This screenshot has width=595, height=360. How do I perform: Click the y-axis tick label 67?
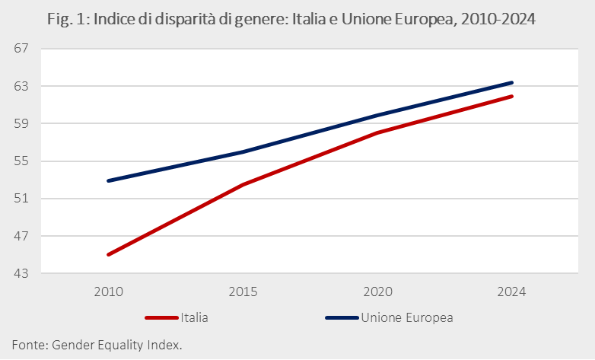pos(21,49)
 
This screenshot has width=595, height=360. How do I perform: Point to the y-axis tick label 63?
pos(21,86)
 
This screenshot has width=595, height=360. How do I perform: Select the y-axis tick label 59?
pos(21,123)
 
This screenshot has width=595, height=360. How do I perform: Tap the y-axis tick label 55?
pos(21,161)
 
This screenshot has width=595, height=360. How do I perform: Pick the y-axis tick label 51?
pos(21,199)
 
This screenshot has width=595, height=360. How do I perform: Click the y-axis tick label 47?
pos(21,236)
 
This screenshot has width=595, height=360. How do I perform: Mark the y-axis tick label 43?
pos(21,273)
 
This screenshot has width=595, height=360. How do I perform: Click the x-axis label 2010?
pos(108,292)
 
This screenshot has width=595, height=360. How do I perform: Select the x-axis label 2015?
pos(243,292)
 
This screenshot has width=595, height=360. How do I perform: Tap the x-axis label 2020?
pos(377,292)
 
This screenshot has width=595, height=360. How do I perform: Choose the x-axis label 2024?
pos(512,292)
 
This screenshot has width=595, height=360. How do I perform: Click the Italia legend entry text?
pos(194,317)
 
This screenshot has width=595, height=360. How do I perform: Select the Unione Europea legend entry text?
pos(407,317)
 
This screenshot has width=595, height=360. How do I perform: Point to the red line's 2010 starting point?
pos(108,254)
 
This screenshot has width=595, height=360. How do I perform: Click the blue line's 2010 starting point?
pos(108,180)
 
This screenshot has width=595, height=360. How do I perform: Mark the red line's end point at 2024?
pos(512,96)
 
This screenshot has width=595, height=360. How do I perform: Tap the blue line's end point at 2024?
pos(512,82)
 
